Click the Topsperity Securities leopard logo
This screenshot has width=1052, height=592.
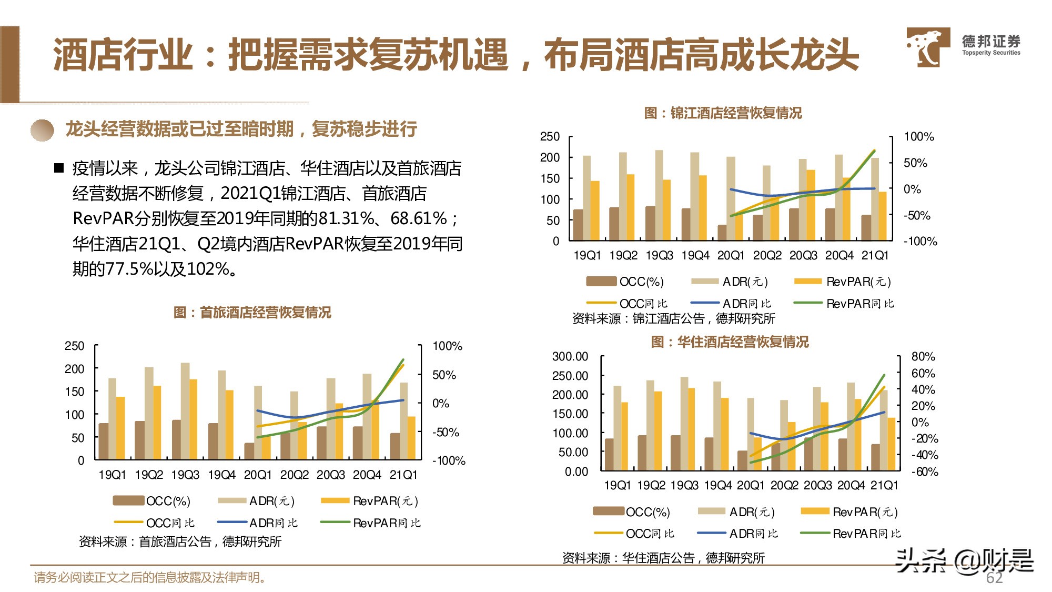[x=927, y=47]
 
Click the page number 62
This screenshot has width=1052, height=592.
[x=994, y=578]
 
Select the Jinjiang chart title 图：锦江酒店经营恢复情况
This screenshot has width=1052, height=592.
[x=723, y=113]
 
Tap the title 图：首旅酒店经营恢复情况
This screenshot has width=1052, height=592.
[x=252, y=313]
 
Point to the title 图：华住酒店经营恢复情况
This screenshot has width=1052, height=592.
[x=730, y=342]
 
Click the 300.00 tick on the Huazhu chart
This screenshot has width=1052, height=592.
[x=570, y=357]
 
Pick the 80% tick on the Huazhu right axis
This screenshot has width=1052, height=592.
[x=923, y=357]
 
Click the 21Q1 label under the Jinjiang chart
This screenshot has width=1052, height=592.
[x=875, y=256]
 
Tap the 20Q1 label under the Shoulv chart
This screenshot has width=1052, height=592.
[x=258, y=475]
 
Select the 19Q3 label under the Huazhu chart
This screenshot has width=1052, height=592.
[x=684, y=485]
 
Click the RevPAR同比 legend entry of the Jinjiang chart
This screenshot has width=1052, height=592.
[x=859, y=304]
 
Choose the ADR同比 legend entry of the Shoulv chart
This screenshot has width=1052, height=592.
[x=273, y=523]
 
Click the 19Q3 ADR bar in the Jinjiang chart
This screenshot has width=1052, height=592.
[x=659, y=195]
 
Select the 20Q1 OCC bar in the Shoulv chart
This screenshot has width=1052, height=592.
[x=249, y=451]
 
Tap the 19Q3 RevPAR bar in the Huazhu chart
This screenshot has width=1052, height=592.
[x=691, y=429]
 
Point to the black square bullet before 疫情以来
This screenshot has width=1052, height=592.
[x=59, y=168]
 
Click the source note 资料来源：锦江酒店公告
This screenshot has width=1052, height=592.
[x=673, y=318]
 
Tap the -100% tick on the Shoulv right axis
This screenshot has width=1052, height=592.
[x=448, y=461]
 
